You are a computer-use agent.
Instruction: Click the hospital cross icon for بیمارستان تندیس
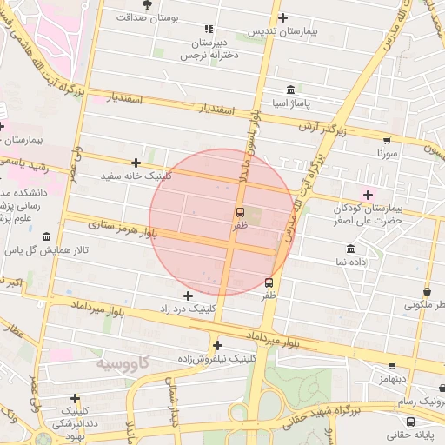coord(282,17)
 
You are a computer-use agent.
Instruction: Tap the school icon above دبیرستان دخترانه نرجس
coord(208,29)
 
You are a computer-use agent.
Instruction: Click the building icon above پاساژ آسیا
coord(289,90)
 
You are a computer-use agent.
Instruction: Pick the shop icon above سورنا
coord(387,140)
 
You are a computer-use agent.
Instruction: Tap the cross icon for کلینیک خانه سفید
coord(136,163)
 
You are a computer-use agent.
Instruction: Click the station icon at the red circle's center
coord(240,212)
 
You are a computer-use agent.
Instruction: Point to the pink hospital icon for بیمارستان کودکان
coord(368,195)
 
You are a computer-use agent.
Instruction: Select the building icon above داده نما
coord(350,249)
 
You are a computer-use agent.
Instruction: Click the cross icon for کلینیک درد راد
coord(188,296)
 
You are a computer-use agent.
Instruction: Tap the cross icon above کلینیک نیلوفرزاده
coord(217,345)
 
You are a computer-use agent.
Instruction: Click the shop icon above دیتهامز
coord(392,366)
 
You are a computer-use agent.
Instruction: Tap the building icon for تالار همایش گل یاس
coord(46,237)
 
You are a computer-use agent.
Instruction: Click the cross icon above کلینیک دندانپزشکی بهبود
coord(76,397)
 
